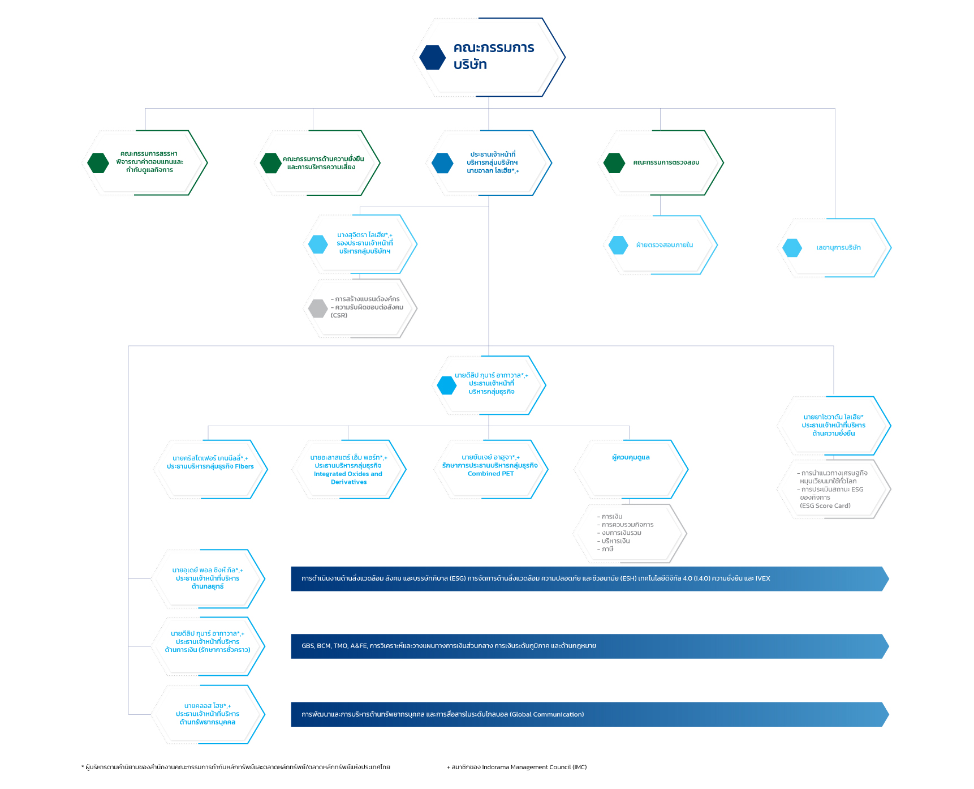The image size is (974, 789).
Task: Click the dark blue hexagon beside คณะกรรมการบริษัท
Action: [x=433, y=57]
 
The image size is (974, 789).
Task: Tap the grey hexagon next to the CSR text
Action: [x=318, y=308]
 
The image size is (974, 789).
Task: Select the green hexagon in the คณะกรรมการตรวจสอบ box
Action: [x=614, y=163]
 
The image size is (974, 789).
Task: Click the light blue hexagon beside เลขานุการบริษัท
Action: [x=792, y=248]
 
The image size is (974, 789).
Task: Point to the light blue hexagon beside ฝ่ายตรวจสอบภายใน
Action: [x=618, y=245]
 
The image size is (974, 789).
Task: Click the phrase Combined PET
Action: [x=491, y=474]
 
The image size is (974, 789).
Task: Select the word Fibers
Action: [x=244, y=466]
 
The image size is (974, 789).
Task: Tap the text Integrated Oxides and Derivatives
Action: [x=348, y=478]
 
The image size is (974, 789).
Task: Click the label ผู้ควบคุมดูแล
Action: [x=631, y=457]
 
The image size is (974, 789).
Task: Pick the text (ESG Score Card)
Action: [x=825, y=506]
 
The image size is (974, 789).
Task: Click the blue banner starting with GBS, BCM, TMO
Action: [x=590, y=646]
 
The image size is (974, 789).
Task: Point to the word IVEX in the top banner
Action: [x=762, y=578]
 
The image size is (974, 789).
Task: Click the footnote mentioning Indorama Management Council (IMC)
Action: [x=517, y=767]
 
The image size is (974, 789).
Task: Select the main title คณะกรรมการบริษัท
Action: [x=494, y=56]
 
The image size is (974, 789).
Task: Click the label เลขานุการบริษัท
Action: [x=838, y=248]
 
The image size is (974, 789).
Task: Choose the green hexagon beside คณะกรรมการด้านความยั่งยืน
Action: [x=271, y=163]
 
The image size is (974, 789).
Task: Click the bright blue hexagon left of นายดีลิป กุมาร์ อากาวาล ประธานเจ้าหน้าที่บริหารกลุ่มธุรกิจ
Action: [x=447, y=385]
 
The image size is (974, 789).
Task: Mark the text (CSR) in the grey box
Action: [x=339, y=315]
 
